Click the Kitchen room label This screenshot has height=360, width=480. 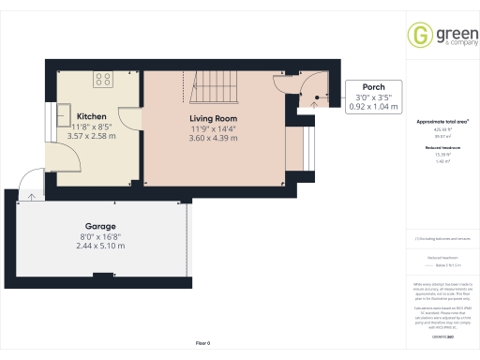[x=91, y=116]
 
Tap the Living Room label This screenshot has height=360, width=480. [x=214, y=118]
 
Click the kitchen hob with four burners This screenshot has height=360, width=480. [x=101, y=79]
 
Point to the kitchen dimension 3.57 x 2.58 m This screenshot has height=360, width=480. [x=91, y=136]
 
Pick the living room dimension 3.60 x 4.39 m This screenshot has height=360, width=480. [x=214, y=138]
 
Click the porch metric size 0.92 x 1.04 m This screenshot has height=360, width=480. [x=374, y=107]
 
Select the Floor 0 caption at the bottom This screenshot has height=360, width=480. [x=202, y=344]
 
